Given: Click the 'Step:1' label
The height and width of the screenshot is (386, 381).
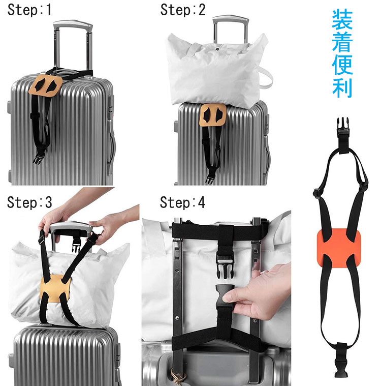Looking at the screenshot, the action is click(x=29, y=10).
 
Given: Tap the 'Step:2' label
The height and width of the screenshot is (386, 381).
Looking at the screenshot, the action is click(x=182, y=10).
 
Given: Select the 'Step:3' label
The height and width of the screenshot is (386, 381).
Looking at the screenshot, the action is click(x=29, y=202).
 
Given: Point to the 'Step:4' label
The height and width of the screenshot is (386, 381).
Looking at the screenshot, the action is click(x=182, y=202).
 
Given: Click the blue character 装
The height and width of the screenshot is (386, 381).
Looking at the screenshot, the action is click(x=342, y=20).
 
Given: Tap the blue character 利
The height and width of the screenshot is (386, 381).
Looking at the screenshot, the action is click(x=342, y=88).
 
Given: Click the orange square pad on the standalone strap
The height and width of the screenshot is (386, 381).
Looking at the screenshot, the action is click(x=339, y=249).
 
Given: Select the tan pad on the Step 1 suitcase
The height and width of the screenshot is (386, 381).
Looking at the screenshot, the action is click(x=46, y=85).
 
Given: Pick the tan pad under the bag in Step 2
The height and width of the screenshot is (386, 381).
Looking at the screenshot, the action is click(x=213, y=115).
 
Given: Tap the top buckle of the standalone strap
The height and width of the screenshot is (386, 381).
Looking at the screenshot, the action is click(x=343, y=127).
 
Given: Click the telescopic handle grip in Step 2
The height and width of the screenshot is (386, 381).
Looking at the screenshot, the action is click(x=231, y=19).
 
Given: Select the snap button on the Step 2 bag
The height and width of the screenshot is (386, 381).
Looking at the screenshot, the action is click(x=217, y=49).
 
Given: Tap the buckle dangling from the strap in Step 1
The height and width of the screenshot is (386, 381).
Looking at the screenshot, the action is click(x=39, y=158).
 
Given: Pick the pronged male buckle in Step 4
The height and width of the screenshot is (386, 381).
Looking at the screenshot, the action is click(x=225, y=266).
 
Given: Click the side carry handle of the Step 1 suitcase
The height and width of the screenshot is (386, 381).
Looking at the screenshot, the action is click(x=111, y=147).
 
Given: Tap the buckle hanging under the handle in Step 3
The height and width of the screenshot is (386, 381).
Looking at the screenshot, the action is click(x=77, y=245).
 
